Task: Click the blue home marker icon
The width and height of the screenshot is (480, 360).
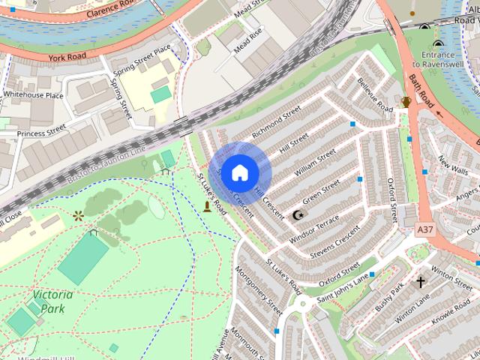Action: [x=239, y=173]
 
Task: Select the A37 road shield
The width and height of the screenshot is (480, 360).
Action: [x=426, y=225]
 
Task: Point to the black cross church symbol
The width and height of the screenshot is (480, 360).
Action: [x=420, y=282]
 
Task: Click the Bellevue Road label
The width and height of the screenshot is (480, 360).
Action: [x=375, y=96]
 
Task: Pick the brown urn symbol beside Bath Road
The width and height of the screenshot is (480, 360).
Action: [x=406, y=101]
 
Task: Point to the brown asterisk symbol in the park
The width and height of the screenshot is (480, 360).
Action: [x=78, y=216]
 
